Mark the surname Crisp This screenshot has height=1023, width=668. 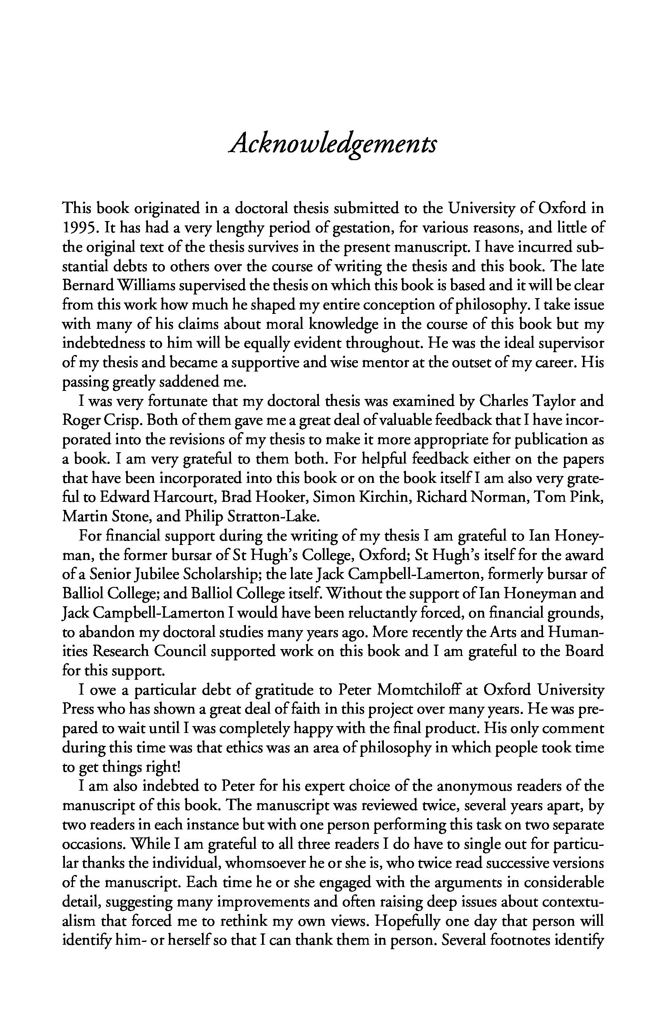point(123,420)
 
